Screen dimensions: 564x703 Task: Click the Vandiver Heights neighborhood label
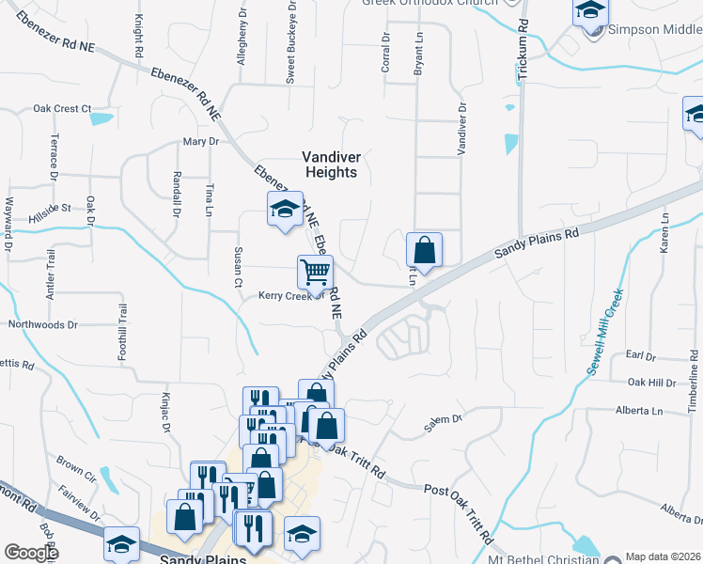tap(330, 164)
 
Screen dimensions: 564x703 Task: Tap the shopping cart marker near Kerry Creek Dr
tap(316, 273)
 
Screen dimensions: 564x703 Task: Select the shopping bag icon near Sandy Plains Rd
tap(424, 250)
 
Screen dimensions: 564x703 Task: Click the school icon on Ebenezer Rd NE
tap(283, 209)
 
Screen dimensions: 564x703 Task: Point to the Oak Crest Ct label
tap(61, 108)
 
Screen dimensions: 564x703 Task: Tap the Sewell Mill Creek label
tap(605, 332)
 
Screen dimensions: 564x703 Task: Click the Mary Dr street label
tap(200, 141)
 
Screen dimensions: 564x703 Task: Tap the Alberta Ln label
tap(639, 411)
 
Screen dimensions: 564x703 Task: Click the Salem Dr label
tap(444, 424)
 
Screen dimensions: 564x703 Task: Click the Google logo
tap(31, 552)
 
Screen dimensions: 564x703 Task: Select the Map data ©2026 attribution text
tap(662, 556)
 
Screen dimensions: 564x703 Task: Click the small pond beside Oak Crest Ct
tap(100, 119)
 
